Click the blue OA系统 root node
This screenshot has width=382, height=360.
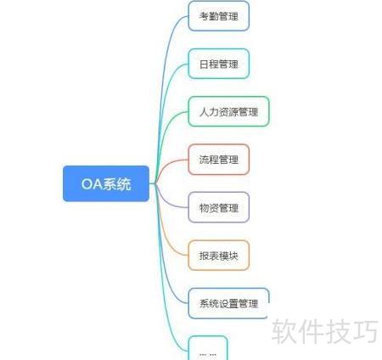(x=106, y=183)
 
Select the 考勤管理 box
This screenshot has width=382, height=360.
(x=219, y=16)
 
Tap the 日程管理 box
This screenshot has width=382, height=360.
(x=219, y=64)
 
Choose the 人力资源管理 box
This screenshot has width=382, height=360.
(x=228, y=111)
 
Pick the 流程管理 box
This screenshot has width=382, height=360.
(x=219, y=160)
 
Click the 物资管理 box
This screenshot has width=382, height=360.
(x=219, y=207)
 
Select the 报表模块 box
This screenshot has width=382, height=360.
(x=219, y=256)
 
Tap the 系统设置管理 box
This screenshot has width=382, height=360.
(x=228, y=303)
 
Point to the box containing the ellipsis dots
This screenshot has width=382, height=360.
(x=208, y=348)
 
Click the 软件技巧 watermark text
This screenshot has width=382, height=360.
(x=325, y=331)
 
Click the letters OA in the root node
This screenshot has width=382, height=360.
(x=92, y=184)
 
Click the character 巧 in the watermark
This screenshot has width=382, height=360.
(x=366, y=331)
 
